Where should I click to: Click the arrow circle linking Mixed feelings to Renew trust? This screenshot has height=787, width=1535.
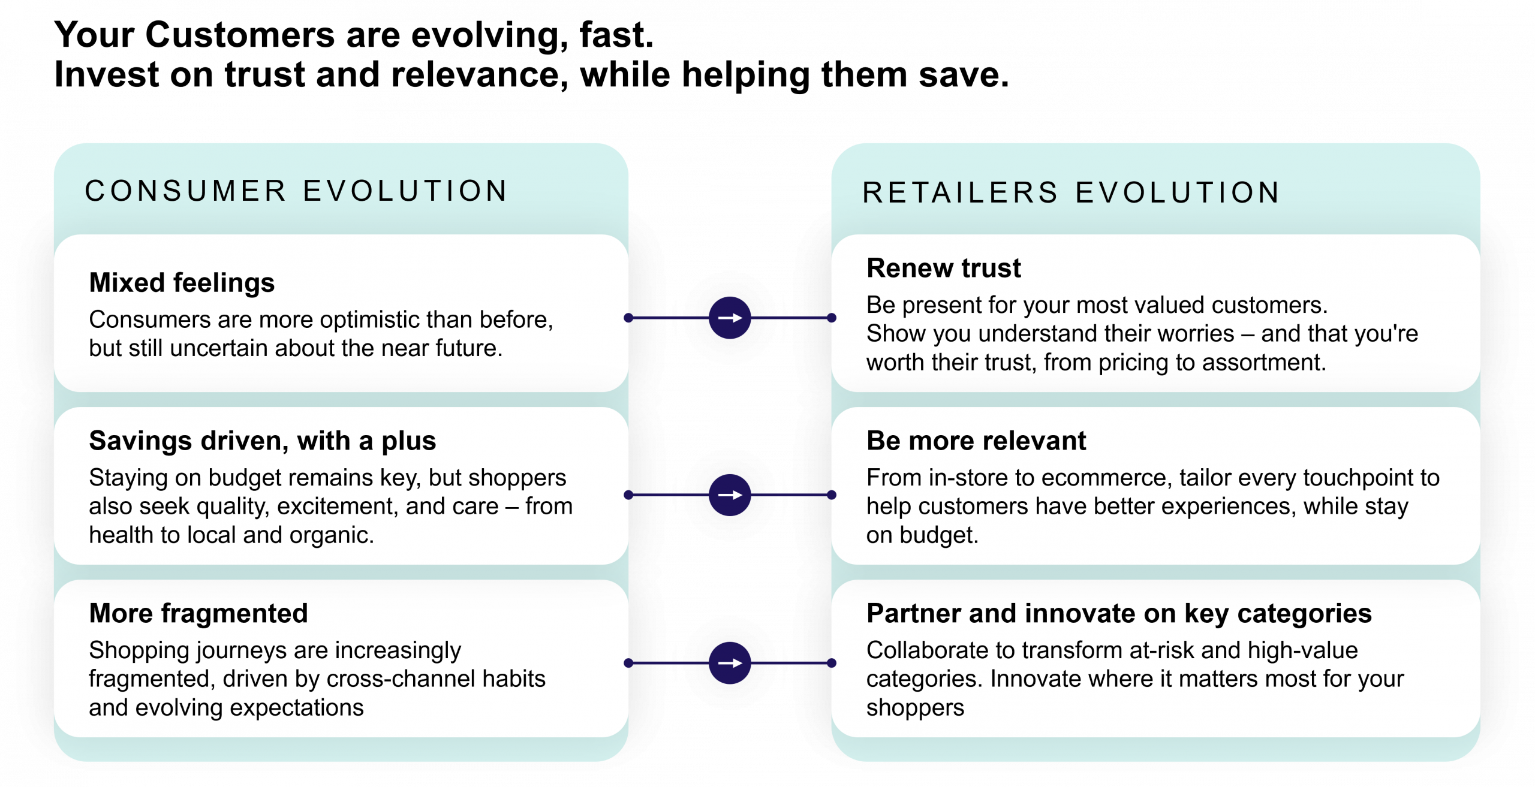pyautogui.click(x=730, y=318)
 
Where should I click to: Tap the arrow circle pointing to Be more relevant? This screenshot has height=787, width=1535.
pyautogui.click(x=730, y=495)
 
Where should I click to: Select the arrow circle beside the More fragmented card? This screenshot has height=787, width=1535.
pyautogui.click(x=730, y=663)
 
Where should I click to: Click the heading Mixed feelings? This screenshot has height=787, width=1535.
pyautogui.click(x=182, y=282)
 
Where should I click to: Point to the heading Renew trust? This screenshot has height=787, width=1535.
pyautogui.click(x=943, y=268)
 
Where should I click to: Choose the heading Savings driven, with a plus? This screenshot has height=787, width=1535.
pyautogui.click(x=262, y=441)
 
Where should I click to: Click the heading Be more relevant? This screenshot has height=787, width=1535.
pyautogui.click(x=976, y=441)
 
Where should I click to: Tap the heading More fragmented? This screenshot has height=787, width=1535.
pyautogui.click(x=198, y=613)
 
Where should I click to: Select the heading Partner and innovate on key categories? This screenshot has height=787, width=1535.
pyautogui.click(x=1119, y=613)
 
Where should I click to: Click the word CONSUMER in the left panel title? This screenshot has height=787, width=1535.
pyautogui.click(x=186, y=191)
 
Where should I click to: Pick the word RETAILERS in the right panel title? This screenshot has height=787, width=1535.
pyautogui.click(x=960, y=193)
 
